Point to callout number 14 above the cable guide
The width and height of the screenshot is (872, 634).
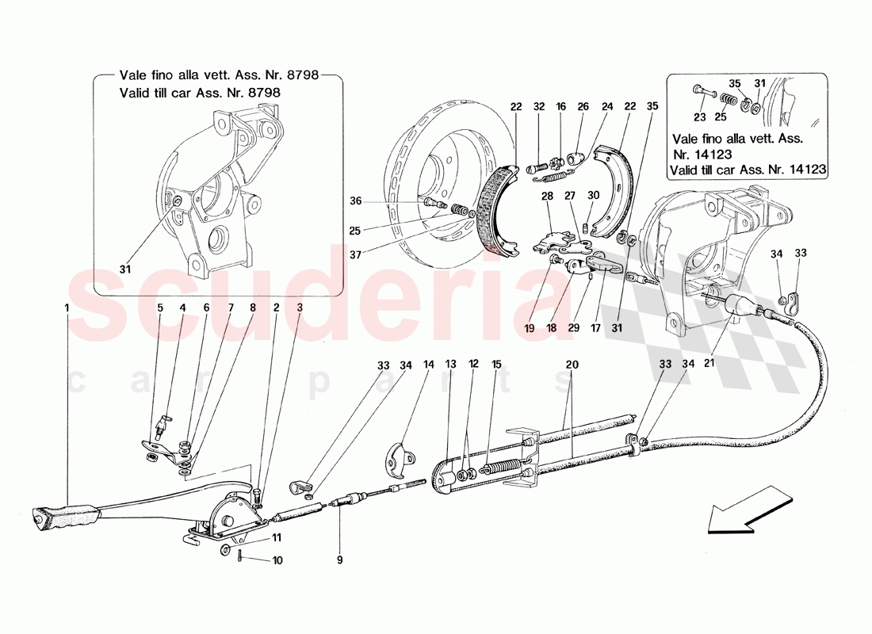[429, 365]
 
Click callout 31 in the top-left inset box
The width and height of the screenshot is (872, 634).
[124, 269]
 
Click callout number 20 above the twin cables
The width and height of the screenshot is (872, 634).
[571, 365]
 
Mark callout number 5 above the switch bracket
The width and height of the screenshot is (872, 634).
[159, 308]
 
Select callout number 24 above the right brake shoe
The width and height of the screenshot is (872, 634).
[607, 105]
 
